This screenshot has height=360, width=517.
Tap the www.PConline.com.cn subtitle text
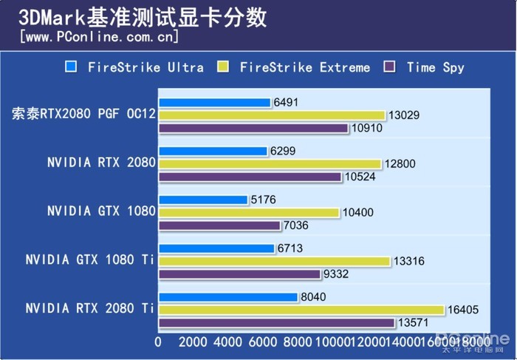[x=99, y=35]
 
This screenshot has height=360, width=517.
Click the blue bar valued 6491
[x=214, y=103]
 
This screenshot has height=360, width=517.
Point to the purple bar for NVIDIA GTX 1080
[x=219, y=225]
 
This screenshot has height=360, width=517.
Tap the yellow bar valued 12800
[x=270, y=164]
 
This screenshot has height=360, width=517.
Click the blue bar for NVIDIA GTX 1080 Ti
[x=216, y=248]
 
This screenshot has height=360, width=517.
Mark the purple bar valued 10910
[x=253, y=129]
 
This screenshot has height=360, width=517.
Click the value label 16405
[x=463, y=310]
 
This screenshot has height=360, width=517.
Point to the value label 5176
[x=264, y=200]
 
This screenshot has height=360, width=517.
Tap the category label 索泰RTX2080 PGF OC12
[x=83, y=115]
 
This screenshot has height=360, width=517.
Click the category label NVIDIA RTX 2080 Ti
[x=90, y=308]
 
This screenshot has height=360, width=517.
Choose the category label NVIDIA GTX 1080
[x=101, y=211]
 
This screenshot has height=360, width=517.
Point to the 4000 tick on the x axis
[x=228, y=342]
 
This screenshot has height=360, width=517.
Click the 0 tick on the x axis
[x=158, y=342]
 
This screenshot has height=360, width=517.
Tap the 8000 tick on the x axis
[x=298, y=342]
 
